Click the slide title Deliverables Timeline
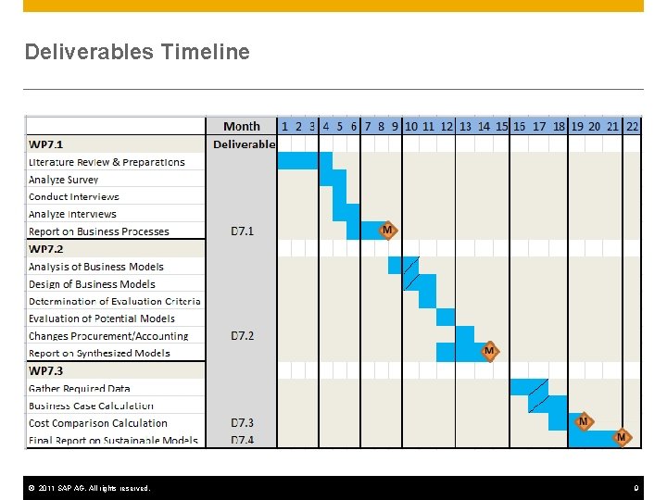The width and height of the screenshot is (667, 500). click(x=137, y=52)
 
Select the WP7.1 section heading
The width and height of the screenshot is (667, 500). click(x=46, y=144)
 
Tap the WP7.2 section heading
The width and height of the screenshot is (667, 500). click(x=46, y=249)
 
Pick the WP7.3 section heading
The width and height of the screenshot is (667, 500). click(x=46, y=370)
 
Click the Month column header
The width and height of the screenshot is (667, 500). click(x=242, y=126)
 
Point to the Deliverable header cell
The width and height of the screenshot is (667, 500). click(x=244, y=144)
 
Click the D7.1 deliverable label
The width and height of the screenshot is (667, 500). click(x=242, y=231)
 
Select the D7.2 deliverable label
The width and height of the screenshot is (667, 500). click(x=242, y=335)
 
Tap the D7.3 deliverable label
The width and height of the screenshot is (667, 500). click(x=242, y=423)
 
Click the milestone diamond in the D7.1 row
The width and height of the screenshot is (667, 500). click(x=388, y=230)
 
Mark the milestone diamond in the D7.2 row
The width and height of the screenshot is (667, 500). click(x=489, y=351)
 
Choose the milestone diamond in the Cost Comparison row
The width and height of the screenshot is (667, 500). click(x=583, y=422)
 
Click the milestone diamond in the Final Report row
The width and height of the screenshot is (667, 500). click(x=622, y=437)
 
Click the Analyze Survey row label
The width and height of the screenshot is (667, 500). click(x=63, y=180)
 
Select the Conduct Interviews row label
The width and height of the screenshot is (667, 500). click(x=74, y=196)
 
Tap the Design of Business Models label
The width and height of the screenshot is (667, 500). click(x=92, y=284)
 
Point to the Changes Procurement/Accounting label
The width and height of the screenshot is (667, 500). click(x=108, y=336)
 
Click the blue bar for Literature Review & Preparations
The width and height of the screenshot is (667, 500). click(x=297, y=161)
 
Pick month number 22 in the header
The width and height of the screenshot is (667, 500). click(x=632, y=126)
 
